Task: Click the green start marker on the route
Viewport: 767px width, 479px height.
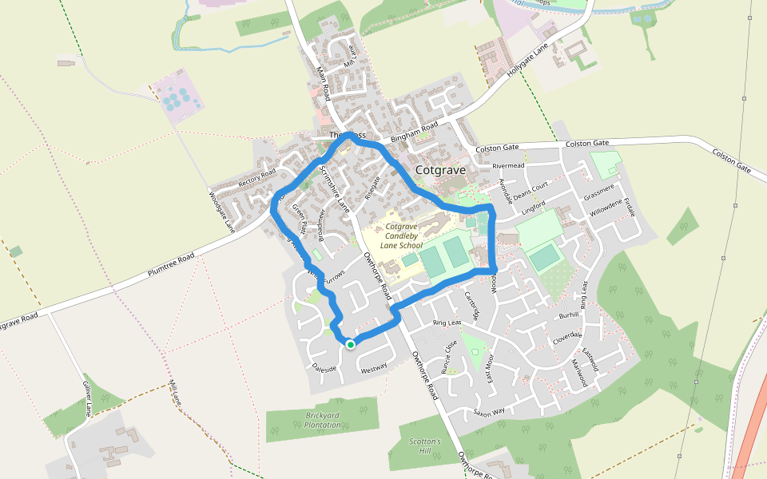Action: point(350,344)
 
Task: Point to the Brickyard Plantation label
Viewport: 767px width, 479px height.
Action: point(323,420)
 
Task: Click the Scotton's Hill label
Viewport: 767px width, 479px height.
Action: point(424,446)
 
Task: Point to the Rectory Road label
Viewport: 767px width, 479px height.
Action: point(256,175)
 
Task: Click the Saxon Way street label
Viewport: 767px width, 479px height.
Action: point(489,412)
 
